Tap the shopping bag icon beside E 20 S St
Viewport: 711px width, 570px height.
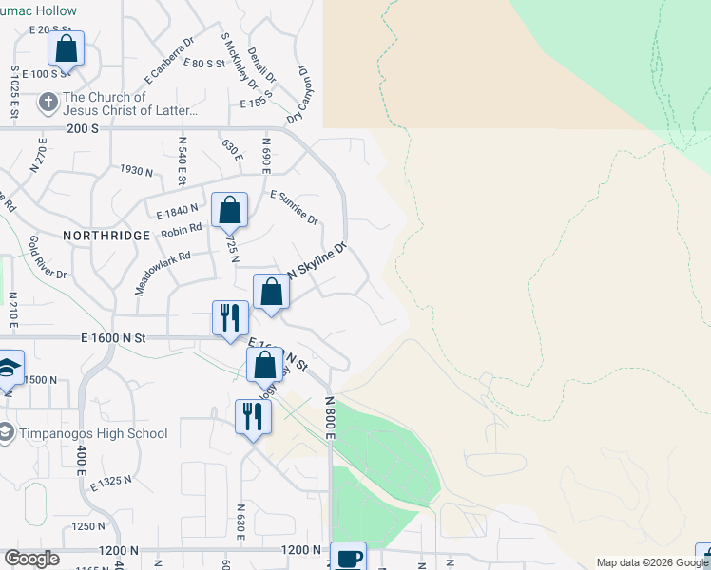click(66, 47)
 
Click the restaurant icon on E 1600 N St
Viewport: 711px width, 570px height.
click(230, 317)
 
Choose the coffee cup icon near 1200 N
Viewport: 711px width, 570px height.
click(348, 558)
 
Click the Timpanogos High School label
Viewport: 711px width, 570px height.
click(93, 434)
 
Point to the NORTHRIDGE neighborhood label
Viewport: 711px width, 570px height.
click(106, 235)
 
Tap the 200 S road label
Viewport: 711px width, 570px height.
click(83, 128)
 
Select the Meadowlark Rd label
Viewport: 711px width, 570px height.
click(163, 272)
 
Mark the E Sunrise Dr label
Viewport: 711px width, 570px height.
click(294, 208)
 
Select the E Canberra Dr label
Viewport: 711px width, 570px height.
click(169, 58)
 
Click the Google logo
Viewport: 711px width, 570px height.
click(31, 559)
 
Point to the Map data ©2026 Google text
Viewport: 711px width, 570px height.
click(653, 562)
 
